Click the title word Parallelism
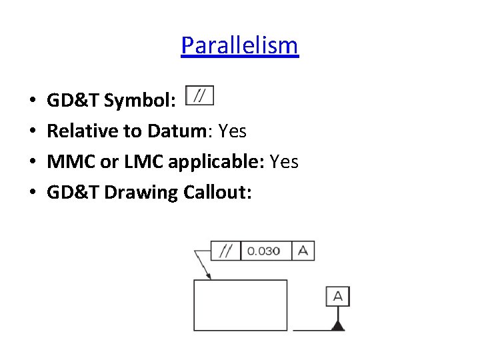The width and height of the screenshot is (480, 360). click(x=239, y=45)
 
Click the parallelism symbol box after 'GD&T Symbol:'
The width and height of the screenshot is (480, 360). click(x=199, y=97)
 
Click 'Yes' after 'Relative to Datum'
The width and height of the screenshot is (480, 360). click(x=232, y=131)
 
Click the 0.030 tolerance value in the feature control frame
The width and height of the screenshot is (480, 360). click(x=263, y=251)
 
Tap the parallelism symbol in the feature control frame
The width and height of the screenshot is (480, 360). click(x=225, y=251)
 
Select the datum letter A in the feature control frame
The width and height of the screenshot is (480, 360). click(x=303, y=251)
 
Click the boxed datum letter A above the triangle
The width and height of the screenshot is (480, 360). click(x=337, y=296)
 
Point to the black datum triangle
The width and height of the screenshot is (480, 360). click(x=338, y=325)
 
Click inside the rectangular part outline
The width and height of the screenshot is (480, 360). click(x=240, y=305)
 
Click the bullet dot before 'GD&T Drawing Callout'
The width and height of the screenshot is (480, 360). click(x=33, y=193)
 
